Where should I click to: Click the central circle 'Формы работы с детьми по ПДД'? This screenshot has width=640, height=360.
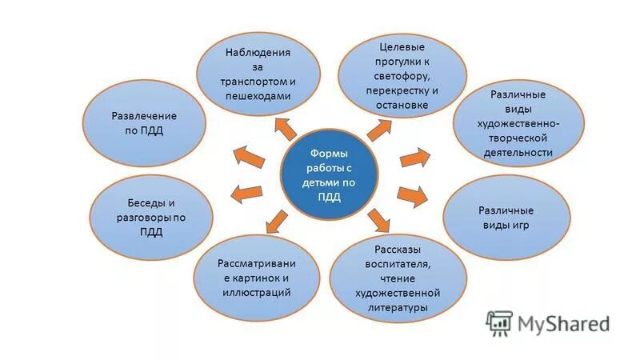(328, 175)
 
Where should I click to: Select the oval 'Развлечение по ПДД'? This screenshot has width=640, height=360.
(143, 124)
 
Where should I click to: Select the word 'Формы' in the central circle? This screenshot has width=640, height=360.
(328, 154)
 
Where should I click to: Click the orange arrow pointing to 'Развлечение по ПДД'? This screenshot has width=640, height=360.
(248, 155)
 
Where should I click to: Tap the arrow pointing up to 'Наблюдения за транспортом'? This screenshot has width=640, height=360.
(285, 126)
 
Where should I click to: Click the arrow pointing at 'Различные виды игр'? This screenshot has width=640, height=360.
(412, 194)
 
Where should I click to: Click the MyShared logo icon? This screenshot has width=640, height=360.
(499, 322)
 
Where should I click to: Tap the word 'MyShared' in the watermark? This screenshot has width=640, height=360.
(563, 323)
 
